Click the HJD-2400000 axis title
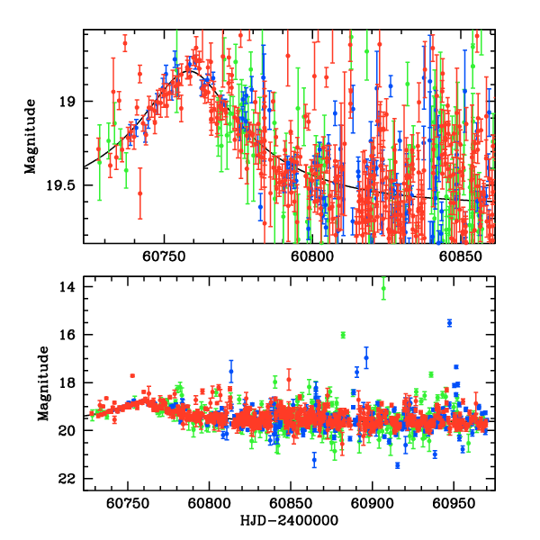point(289,520)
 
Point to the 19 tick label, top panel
point(65,102)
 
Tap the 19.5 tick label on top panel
point(58,185)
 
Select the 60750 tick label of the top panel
point(168,256)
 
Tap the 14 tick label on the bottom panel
point(65,286)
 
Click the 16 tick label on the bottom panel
point(65,335)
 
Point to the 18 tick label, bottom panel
point(65,382)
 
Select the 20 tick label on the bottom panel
point(65,431)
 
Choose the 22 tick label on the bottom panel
point(65,479)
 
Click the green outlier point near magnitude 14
point(384,288)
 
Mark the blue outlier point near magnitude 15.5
point(449,322)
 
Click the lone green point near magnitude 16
point(343,335)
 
